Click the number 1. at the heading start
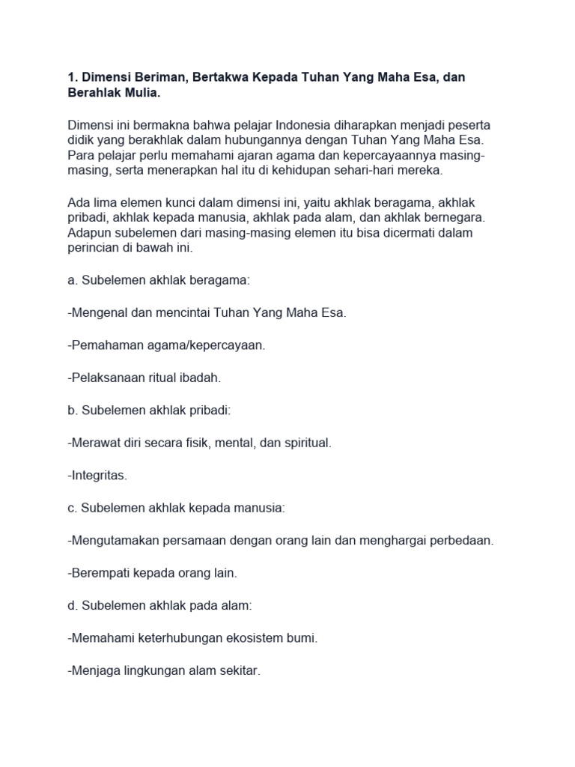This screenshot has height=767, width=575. [73, 79]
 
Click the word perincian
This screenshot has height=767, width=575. [94, 249]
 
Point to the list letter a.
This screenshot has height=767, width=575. [72, 280]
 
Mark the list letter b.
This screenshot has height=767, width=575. [72, 410]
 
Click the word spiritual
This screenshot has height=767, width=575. [306, 443]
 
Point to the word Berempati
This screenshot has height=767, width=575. [99, 573]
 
